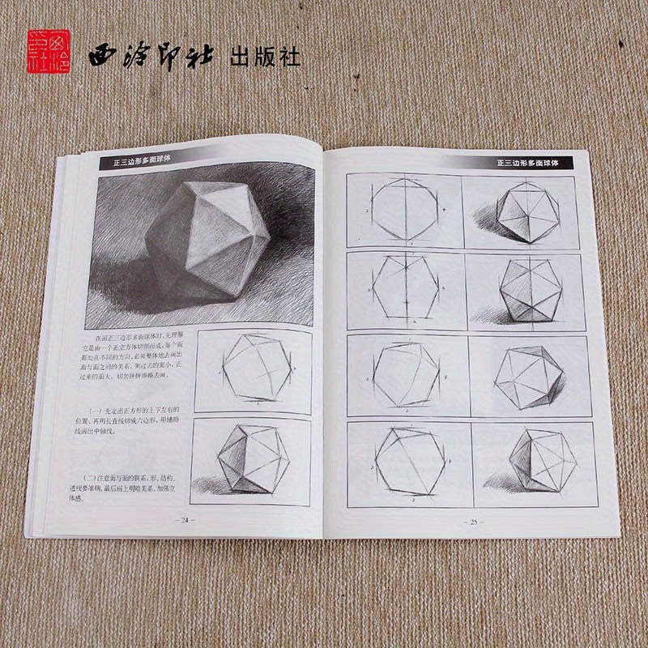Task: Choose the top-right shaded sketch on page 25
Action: [x=520, y=211]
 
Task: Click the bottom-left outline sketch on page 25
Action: [x=410, y=462]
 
